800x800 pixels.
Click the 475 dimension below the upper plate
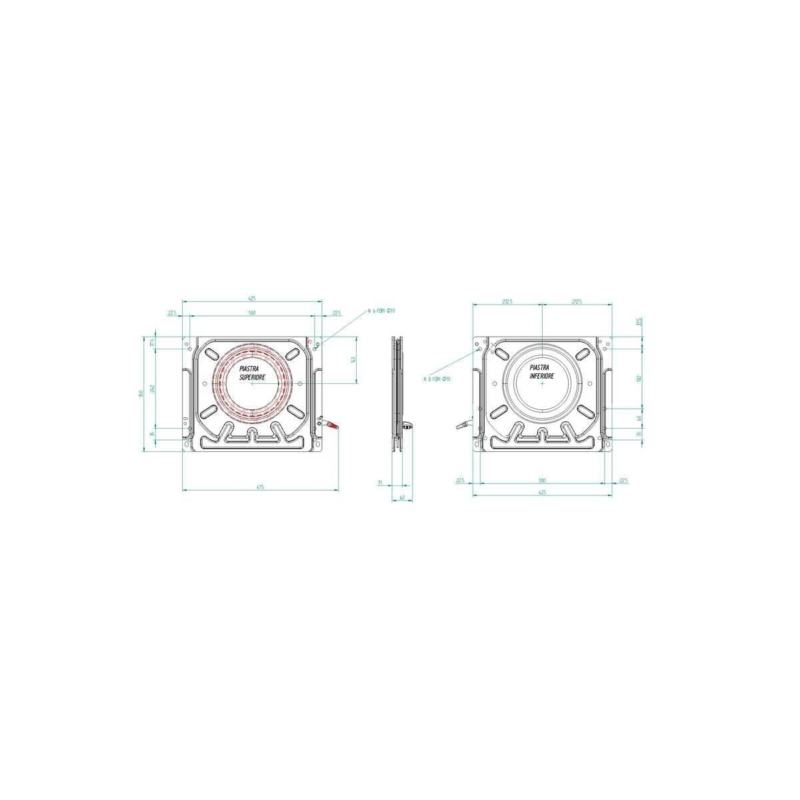pyautogui.click(x=260, y=487)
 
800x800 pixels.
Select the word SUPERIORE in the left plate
pyautogui.click(x=252, y=377)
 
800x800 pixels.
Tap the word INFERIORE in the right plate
pyautogui.click(x=542, y=377)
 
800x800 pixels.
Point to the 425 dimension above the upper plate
pyautogui.click(x=252, y=298)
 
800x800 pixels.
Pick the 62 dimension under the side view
pyautogui.click(x=402, y=497)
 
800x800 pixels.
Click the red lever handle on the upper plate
pyautogui.click(x=332, y=426)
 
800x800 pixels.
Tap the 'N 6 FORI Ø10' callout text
pyautogui.click(x=382, y=311)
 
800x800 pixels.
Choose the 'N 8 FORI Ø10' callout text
pyautogui.click(x=437, y=379)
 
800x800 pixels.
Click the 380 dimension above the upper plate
pyautogui.click(x=252, y=312)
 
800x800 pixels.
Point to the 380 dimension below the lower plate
pyautogui.click(x=542, y=480)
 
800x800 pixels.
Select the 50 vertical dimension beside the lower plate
pyautogui.click(x=638, y=418)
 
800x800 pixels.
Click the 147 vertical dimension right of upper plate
pyautogui.click(x=353, y=360)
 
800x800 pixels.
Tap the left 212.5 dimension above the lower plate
pyautogui.click(x=507, y=301)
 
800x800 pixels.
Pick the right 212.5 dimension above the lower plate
pyautogui.click(x=577, y=301)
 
